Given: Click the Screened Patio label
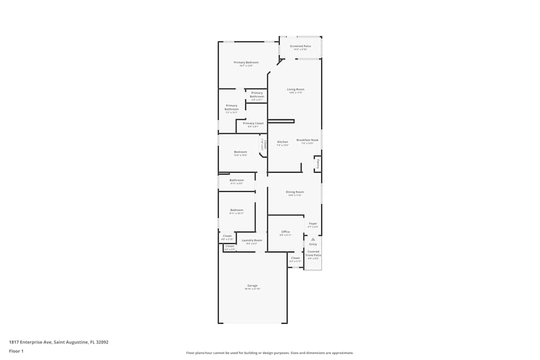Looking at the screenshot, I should coord(300,46).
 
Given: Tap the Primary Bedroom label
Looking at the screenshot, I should coord(246,63).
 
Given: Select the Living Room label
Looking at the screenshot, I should coord(295,89).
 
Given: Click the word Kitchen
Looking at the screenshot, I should coord(282,142).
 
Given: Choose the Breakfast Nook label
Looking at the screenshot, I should coord(307,140).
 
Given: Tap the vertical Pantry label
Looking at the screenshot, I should coord(318,164).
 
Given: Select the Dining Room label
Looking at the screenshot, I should coord(295,192).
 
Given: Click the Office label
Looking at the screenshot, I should coord(286,232).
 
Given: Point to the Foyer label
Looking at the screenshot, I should coord(313,223).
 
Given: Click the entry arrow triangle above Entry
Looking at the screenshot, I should coord(313,239).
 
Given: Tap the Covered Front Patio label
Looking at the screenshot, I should coord(313,253).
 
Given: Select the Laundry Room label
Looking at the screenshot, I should coord(252,240).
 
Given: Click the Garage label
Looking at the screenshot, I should coord(252,286).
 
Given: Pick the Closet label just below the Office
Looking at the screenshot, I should coord(295,258).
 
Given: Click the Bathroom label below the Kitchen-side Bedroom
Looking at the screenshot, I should coord(237,180).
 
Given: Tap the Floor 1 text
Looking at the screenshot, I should coord(16,351).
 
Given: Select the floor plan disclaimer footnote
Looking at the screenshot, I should coord(270,352).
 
